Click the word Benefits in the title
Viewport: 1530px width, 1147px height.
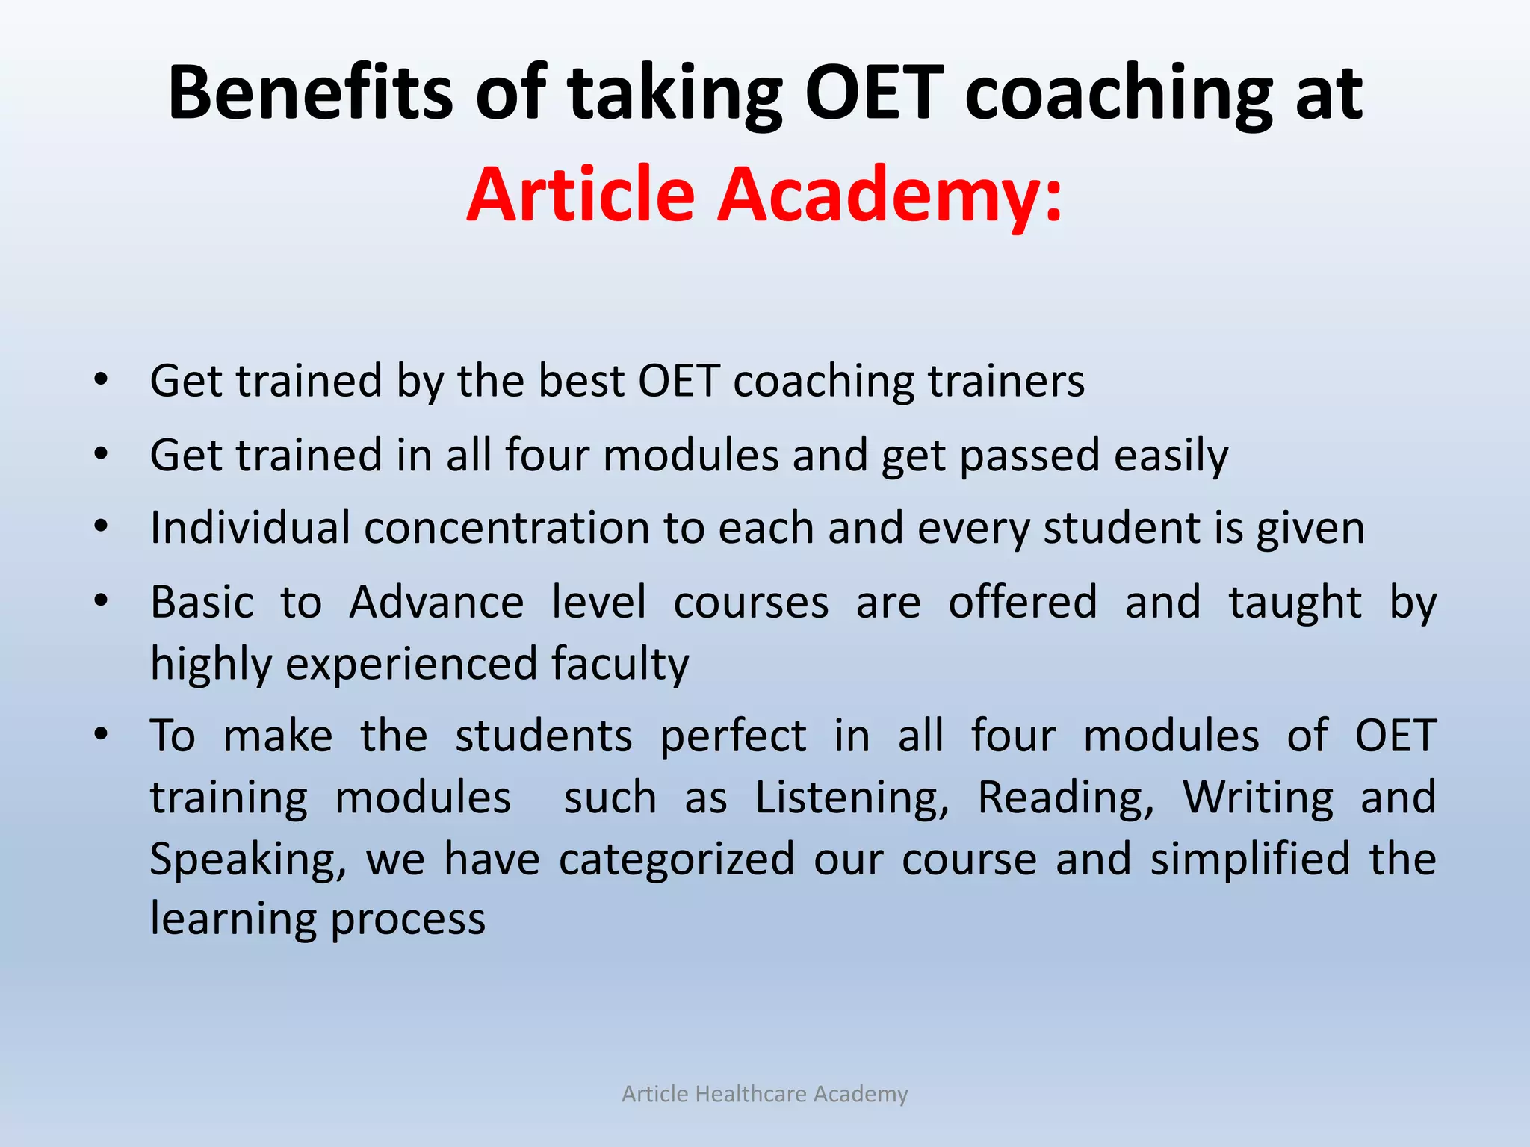310,93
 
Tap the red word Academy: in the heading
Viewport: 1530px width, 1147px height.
889,194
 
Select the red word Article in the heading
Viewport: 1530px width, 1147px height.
581,194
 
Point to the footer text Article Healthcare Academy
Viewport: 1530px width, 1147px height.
765,1094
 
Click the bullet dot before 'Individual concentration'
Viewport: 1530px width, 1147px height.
102,526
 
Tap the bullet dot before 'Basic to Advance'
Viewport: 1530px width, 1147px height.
102,600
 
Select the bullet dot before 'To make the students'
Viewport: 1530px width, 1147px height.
102,734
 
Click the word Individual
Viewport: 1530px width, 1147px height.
250,527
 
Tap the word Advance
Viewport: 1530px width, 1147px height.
436,602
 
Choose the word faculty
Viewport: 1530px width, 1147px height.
620,664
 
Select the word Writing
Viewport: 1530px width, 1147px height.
1258,798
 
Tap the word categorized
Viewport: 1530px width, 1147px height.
676,859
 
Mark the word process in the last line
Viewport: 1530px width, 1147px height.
408,919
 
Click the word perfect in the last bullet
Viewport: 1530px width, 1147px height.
733,736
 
